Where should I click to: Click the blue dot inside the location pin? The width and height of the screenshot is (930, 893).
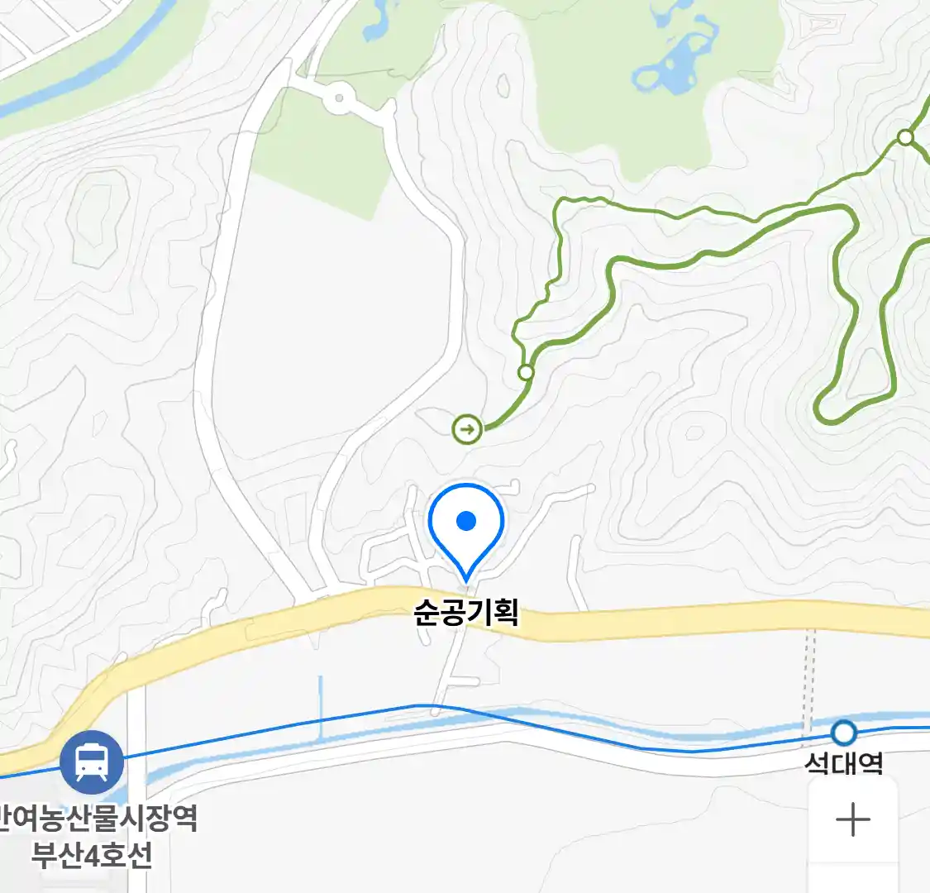[x=467, y=521]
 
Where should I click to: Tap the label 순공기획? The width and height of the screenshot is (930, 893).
[x=466, y=614]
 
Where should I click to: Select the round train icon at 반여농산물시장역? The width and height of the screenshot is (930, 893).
[x=92, y=762]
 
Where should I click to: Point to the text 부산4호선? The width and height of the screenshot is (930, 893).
[x=92, y=855]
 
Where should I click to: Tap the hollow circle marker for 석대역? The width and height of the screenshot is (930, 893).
[x=843, y=733]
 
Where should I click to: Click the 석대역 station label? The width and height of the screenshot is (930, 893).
[x=843, y=762]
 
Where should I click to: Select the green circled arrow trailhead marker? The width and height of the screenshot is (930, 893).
[x=467, y=429]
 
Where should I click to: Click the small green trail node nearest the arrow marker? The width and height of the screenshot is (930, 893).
[x=526, y=373]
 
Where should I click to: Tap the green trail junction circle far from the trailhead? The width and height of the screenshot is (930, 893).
[x=906, y=137]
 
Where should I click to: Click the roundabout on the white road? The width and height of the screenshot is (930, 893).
[x=338, y=100]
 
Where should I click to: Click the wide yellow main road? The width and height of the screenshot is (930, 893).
[x=661, y=624]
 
